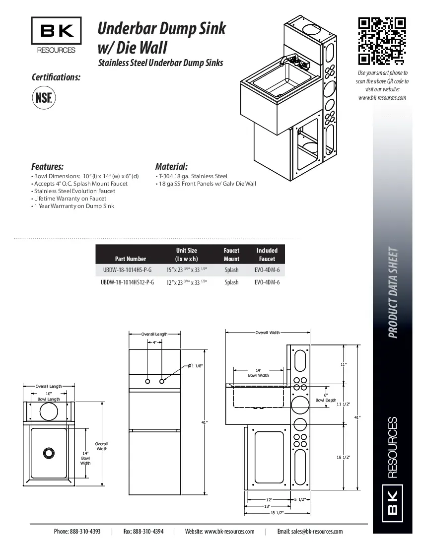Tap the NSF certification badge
point(44,96)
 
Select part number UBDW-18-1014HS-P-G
point(127,270)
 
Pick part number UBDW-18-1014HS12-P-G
point(128,282)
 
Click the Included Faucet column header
point(267,255)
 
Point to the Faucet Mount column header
point(231,255)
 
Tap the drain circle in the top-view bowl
point(49,453)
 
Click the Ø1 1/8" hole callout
point(195,366)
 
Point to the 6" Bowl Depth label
point(326,397)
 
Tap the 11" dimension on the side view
point(343,365)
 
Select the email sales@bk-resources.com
point(310,532)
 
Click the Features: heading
point(47,166)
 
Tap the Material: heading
point(171,166)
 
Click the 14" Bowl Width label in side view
point(259,373)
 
